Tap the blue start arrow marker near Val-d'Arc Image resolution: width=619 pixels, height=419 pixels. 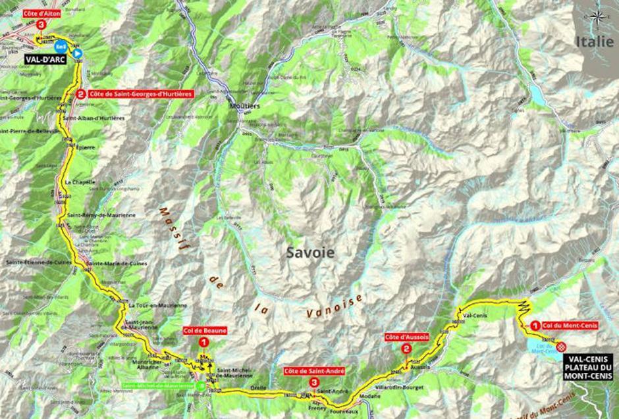(77, 53)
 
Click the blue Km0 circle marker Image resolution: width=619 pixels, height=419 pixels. (61, 47)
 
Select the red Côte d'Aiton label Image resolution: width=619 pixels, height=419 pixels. (42, 13)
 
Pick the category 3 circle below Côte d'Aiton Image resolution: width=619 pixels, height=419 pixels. (41, 24)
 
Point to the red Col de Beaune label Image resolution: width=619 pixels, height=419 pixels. (205, 330)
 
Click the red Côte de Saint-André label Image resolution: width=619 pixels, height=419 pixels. (314, 371)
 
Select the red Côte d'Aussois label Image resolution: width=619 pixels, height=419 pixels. (407, 337)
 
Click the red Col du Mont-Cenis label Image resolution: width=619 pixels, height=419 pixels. (570, 324)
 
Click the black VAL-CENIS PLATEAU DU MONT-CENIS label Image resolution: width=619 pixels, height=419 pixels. (587, 366)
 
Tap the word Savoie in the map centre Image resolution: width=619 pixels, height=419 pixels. (309, 252)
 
